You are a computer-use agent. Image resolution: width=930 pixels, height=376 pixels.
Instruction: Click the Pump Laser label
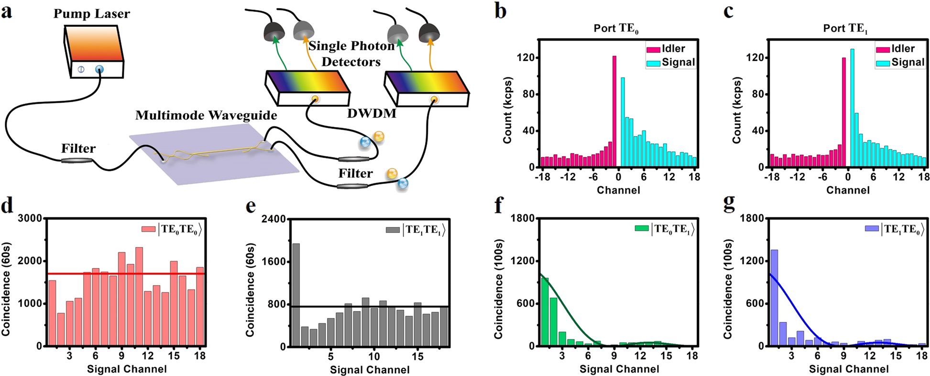[x=91, y=13]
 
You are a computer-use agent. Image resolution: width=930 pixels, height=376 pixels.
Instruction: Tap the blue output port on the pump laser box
[x=98, y=70]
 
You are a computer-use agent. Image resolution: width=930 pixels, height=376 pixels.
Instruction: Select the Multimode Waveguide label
[x=206, y=116]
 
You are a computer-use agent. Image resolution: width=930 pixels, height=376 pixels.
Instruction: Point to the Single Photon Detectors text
[x=351, y=54]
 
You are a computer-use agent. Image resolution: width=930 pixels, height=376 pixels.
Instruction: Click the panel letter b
[x=500, y=11]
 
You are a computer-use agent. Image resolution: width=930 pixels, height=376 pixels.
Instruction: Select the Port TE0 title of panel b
[x=616, y=29]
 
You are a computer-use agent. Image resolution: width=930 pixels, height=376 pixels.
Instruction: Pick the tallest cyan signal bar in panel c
[x=852, y=108]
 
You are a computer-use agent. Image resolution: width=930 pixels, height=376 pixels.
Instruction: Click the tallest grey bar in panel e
[x=296, y=294]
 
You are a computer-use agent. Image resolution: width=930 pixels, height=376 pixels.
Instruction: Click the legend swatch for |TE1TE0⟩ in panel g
[x=872, y=229]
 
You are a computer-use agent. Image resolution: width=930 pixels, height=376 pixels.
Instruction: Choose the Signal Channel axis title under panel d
[x=127, y=369]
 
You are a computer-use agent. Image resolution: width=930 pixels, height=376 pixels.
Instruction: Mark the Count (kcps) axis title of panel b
[x=508, y=110]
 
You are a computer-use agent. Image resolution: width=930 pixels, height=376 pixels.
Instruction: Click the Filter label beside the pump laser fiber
[x=78, y=149]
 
